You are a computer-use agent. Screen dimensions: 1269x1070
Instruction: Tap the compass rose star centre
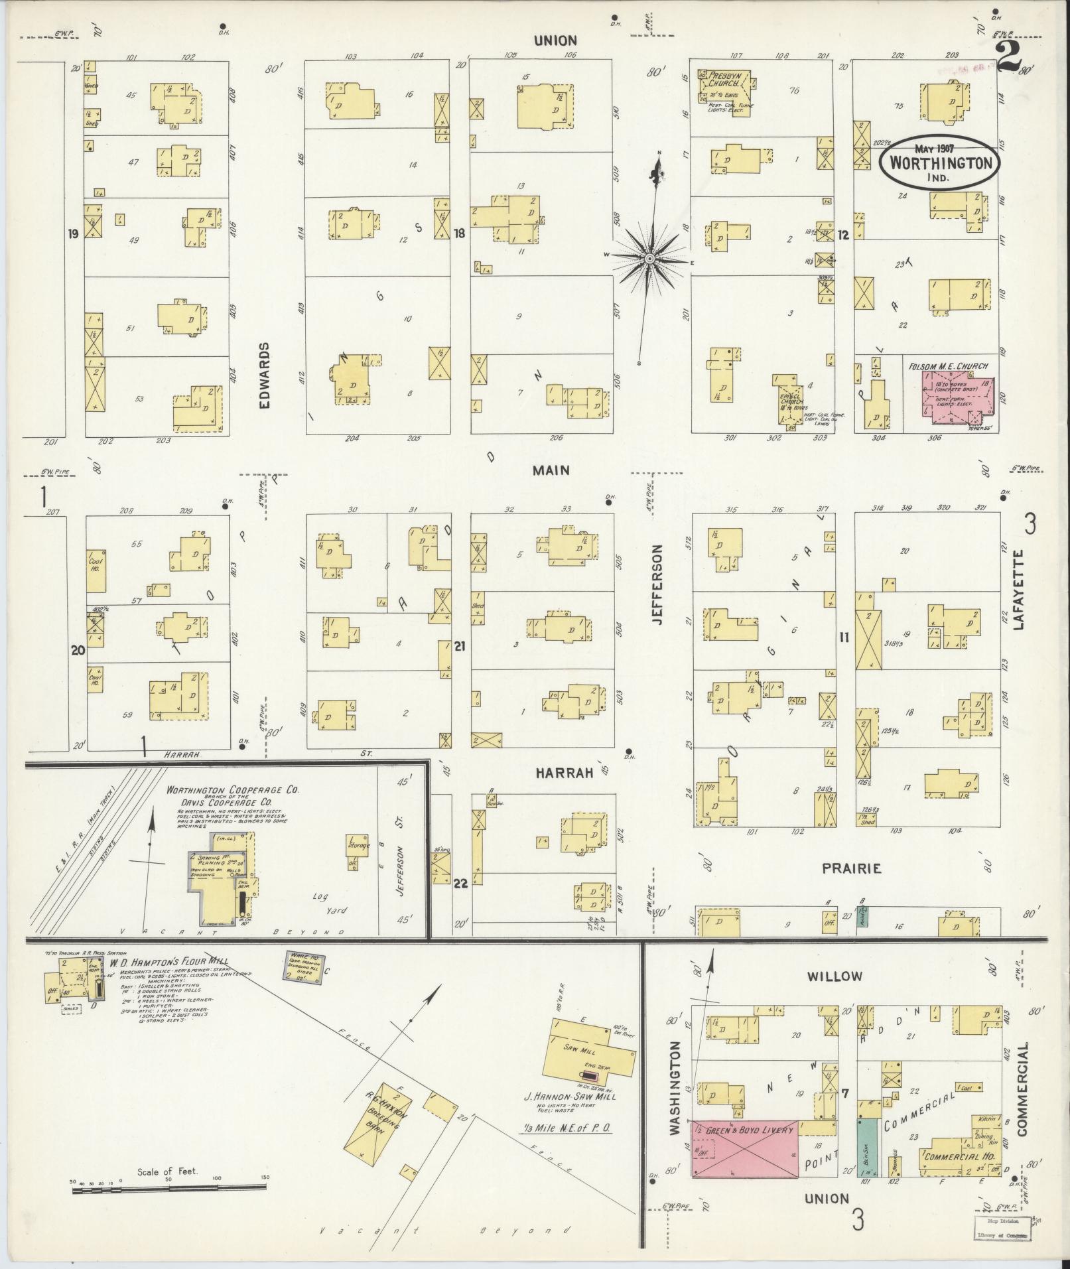tap(649, 257)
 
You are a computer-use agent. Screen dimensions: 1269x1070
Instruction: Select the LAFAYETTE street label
tap(1019, 588)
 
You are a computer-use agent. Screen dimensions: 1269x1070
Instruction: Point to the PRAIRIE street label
tap(851, 868)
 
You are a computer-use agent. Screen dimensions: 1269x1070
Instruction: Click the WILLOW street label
tap(835, 976)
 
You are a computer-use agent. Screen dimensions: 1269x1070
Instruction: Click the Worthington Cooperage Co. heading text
tap(233, 790)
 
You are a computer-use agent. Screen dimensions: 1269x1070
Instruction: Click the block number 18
tap(458, 234)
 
